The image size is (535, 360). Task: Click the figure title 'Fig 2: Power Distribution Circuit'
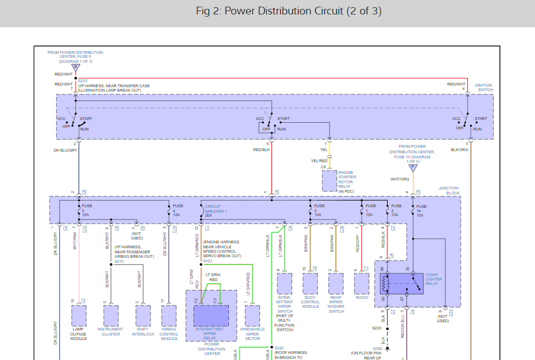(x=288, y=12)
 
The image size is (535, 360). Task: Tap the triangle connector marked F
(x=413, y=168)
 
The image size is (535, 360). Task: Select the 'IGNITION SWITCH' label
(x=483, y=88)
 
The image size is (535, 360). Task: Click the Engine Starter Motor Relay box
(x=330, y=181)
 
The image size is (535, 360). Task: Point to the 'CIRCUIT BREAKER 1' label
(x=216, y=209)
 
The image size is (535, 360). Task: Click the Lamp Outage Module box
(x=79, y=316)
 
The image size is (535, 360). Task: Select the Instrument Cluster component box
(x=111, y=316)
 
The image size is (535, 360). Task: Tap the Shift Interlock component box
(x=143, y=316)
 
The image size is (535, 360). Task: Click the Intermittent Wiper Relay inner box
(x=211, y=316)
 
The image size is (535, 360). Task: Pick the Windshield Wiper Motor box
(x=252, y=316)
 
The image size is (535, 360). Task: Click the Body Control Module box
(x=311, y=283)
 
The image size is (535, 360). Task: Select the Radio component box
(x=362, y=283)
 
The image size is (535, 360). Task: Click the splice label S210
(x=83, y=81)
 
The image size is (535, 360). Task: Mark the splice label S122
(x=207, y=261)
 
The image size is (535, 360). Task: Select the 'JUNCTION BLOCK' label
(x=449, y=191)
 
